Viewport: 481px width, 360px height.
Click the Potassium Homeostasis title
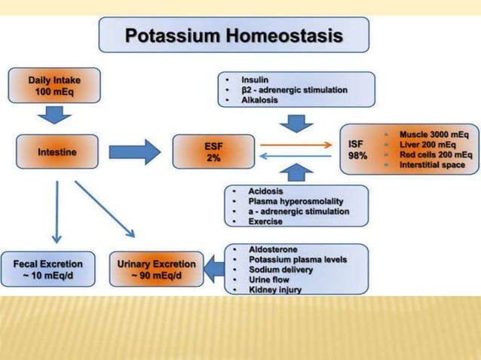pyautogui.click(x=234, y=35)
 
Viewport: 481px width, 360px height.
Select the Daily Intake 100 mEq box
pyautogui.click(x=54, y=85)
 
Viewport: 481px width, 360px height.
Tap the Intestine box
pyautogui.click(x=57, y=151)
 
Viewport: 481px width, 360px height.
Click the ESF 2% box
pyautogui.click(x=213, y=151)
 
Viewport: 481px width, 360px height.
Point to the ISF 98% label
pyautogui.click(x=357, y=149)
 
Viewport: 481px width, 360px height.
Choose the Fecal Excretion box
pyautogui.click(x=48, y=269)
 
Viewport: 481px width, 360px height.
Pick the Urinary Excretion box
pyautogui.click(x=156, y=269)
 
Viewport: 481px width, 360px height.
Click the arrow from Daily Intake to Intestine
pyautogui.click(x=54, y=114)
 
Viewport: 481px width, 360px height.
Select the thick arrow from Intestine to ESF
pyautogui.click(x=134, y=151)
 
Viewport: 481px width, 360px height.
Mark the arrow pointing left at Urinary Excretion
pyautogui.click(x=214, y=269)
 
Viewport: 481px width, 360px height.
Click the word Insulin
pyautogui.click(x=254, y=79)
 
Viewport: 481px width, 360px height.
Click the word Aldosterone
pyautogui.click(x=272, y=249)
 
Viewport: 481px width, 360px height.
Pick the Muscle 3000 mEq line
pyautogui.click(x=434, y=133)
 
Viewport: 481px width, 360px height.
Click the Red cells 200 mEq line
pyautogui.click(x=435, y=154)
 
